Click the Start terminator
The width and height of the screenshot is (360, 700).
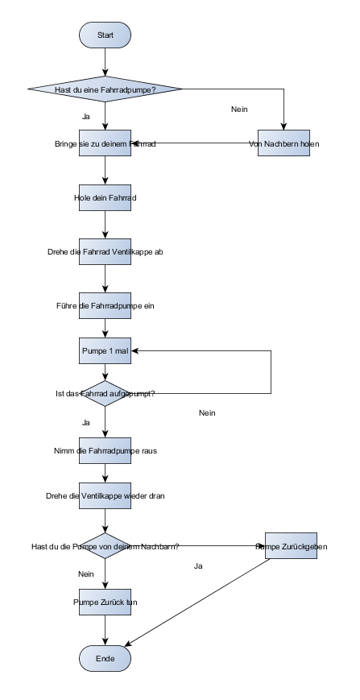click(x=105, y=35)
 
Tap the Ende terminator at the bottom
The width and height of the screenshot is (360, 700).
click(x=105, y=659)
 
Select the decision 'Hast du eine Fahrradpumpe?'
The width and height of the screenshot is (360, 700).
click(x=105, y=89)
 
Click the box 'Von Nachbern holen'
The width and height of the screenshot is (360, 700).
click(x=283, y=143)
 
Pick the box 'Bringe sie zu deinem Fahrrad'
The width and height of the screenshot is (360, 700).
click(x=105, y=143)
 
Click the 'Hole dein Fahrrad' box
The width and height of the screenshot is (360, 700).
click(x=105, y=197)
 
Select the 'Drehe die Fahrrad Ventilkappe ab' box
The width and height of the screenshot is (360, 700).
click(x=105, y=251)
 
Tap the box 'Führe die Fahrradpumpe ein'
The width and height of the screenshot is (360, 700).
click(x=105, y=305)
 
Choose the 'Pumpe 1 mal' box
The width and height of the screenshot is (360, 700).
click(x=105, y=352)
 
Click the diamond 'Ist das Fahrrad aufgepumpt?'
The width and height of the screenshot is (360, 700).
click(x=105, y=393)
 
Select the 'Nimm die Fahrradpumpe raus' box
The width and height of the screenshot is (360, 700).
click(x=105, y=450)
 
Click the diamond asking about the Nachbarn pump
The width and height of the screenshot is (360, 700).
click(x=105, y=546)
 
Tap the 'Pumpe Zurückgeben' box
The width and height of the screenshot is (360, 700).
click(x=292, y=546)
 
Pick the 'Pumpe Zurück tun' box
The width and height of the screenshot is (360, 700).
click(x=105, y=602)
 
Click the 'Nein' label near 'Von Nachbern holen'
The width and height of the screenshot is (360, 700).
click(x=239, y=109)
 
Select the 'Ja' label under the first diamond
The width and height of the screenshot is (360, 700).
click(x=86, y=117)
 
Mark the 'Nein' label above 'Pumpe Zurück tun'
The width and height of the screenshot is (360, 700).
click(x=86, y=574)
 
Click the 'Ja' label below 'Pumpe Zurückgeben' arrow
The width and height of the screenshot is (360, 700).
click(x=198, y=565)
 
